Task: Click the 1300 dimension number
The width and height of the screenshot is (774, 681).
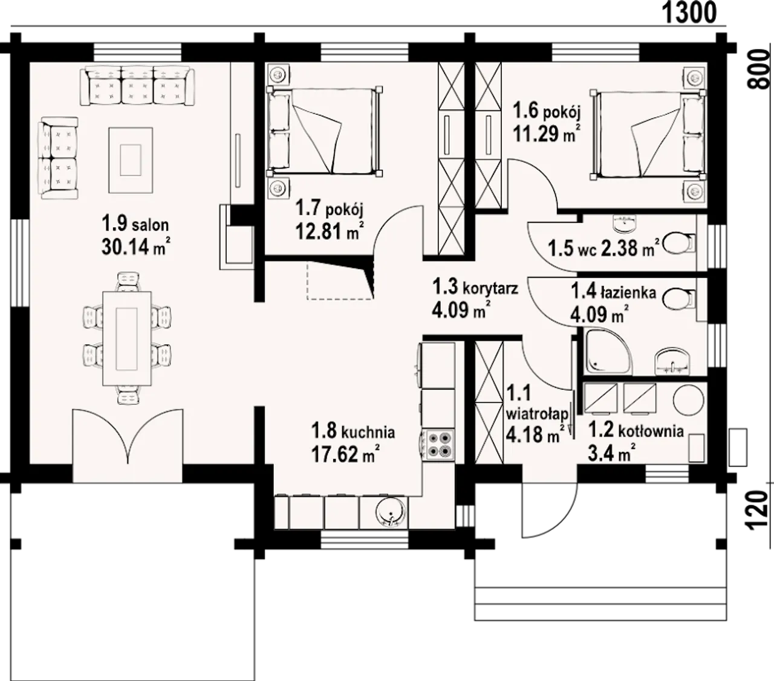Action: (688, 13)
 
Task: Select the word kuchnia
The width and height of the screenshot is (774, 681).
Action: (368, 433)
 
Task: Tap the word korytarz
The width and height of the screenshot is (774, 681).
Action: (490, 289)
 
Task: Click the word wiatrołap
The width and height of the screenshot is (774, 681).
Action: (537, 413)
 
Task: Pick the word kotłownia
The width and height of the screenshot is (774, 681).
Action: (651, 431)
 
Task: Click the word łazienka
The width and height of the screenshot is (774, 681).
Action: (628, 292)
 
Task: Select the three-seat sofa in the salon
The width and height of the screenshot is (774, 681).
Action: (137, 86)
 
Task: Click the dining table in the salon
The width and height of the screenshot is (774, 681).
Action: (127, 338)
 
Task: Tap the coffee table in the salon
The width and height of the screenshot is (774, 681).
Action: (131, 160)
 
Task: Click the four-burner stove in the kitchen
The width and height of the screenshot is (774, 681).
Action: (438, 445)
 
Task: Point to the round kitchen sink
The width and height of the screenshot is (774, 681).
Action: (391, 512)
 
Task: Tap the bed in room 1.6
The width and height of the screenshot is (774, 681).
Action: (648, 134)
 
